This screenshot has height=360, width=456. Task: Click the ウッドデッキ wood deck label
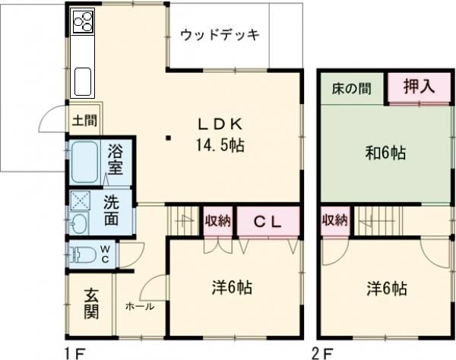click(220, 35)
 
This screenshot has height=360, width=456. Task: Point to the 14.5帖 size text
click(220, 144)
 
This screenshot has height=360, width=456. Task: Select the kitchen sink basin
click(83, 77)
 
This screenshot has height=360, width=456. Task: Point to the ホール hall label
click(140, 307)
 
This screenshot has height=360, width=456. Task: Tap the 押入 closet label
click(419, 87)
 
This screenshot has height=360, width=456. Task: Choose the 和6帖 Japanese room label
click(385, 153)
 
